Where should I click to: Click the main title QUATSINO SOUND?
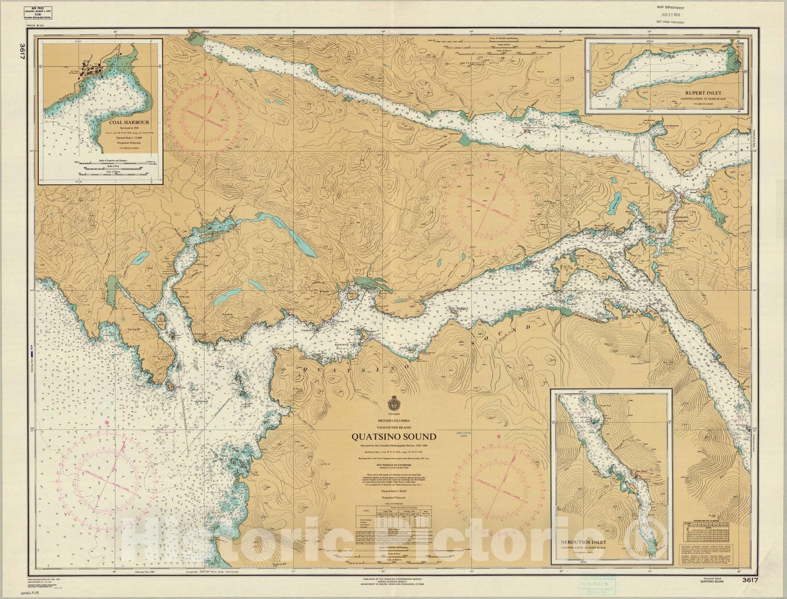point(393,437)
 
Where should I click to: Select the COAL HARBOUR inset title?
point(130,123)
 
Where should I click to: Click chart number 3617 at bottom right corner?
point(752,580)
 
